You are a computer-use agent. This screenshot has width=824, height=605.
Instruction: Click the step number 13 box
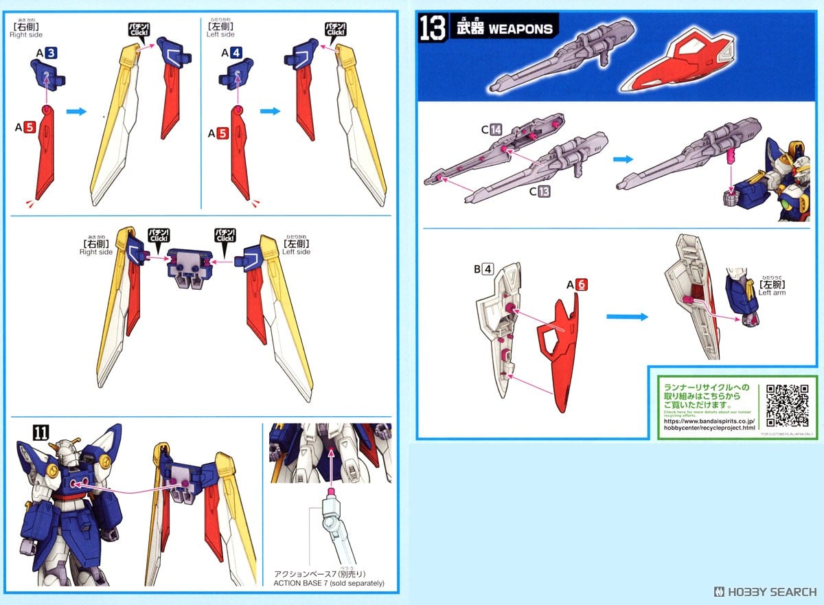[433, 29]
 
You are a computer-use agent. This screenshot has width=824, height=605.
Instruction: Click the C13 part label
[538, 192]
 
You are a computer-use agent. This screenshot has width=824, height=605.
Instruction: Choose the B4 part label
[483, 269]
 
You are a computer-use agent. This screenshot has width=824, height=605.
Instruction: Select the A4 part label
[232, 52]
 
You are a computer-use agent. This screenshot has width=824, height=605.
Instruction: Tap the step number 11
[41, 432]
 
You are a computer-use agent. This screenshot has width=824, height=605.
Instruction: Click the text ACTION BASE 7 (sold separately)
[329, 583]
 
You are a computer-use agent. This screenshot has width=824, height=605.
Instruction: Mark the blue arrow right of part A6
[627, 317]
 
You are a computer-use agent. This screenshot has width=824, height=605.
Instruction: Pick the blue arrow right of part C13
[623, 159]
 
